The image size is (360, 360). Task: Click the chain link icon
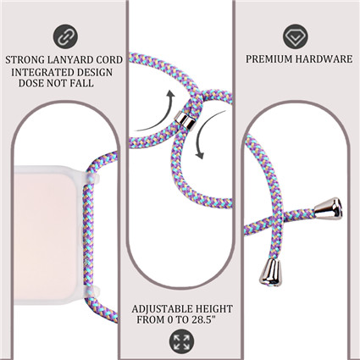click(65, 37)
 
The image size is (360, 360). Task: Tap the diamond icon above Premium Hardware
click(296, 36)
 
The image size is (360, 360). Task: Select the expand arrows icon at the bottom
click(181, 341)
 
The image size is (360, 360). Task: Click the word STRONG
click(25, 60)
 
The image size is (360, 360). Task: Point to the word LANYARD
click(70, 60)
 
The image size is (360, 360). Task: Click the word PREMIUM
click(269, 59)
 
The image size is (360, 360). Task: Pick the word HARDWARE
click(324, 59)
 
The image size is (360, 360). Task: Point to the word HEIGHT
click(214, 309)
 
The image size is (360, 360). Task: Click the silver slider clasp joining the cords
click(185, 120)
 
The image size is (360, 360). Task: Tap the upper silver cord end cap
click(329, 208)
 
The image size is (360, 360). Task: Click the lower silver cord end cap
click(270, 272)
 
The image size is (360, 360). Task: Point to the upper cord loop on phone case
click(91, 179)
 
